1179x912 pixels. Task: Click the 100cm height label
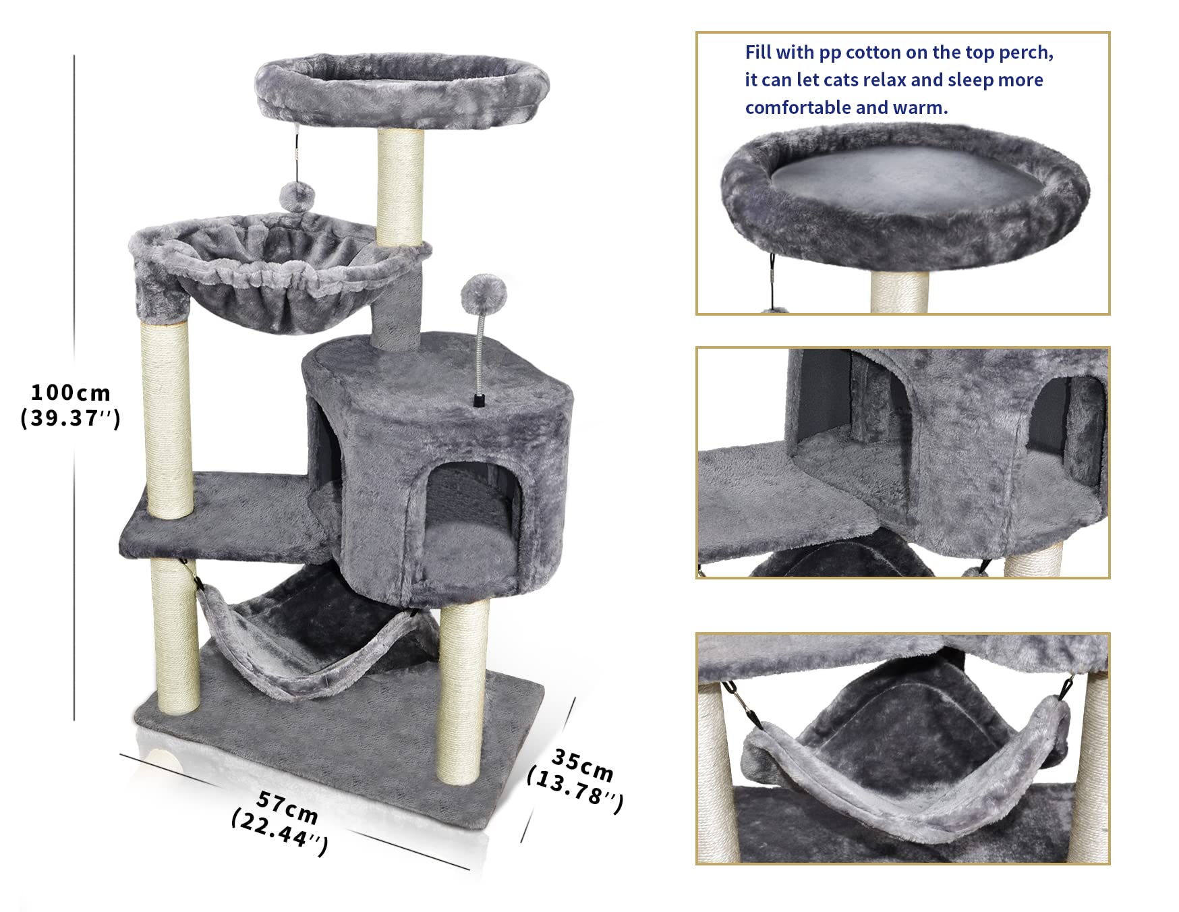pyautogui.click(x=70, y=392)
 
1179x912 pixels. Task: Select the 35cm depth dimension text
pyautogui.click(x=583, y=765)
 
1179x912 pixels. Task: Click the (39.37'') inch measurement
pyautogui.click(x=70, y=418)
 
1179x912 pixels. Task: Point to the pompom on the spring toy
pyautogui.click(x=483, y=291)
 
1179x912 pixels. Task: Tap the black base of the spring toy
pyautogui.click(x=479, y=401)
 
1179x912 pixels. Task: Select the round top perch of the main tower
pyautogui.click(x=402, y=91)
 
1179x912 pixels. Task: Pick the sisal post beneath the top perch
pyautogui.click(x=400, y=186)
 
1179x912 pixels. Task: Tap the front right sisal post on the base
pyautogui.click(x=463, y=695)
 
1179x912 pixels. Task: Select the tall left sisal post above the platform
pyautogui.click(x=166, y=418)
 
